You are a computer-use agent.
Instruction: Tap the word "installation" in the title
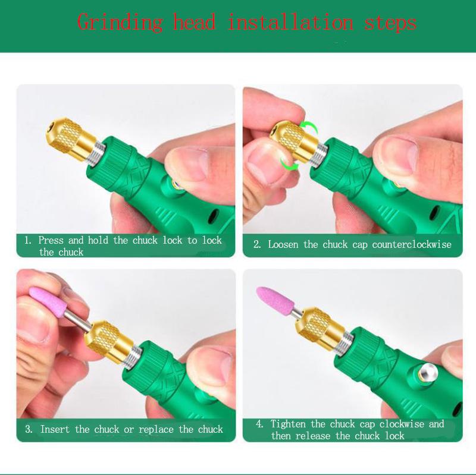tap(290, 23)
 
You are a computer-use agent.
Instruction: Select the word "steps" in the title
tap(390, 23)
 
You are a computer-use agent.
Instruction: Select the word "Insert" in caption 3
tap(56, 429)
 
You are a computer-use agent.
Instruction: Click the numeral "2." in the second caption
tap(258, 244)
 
